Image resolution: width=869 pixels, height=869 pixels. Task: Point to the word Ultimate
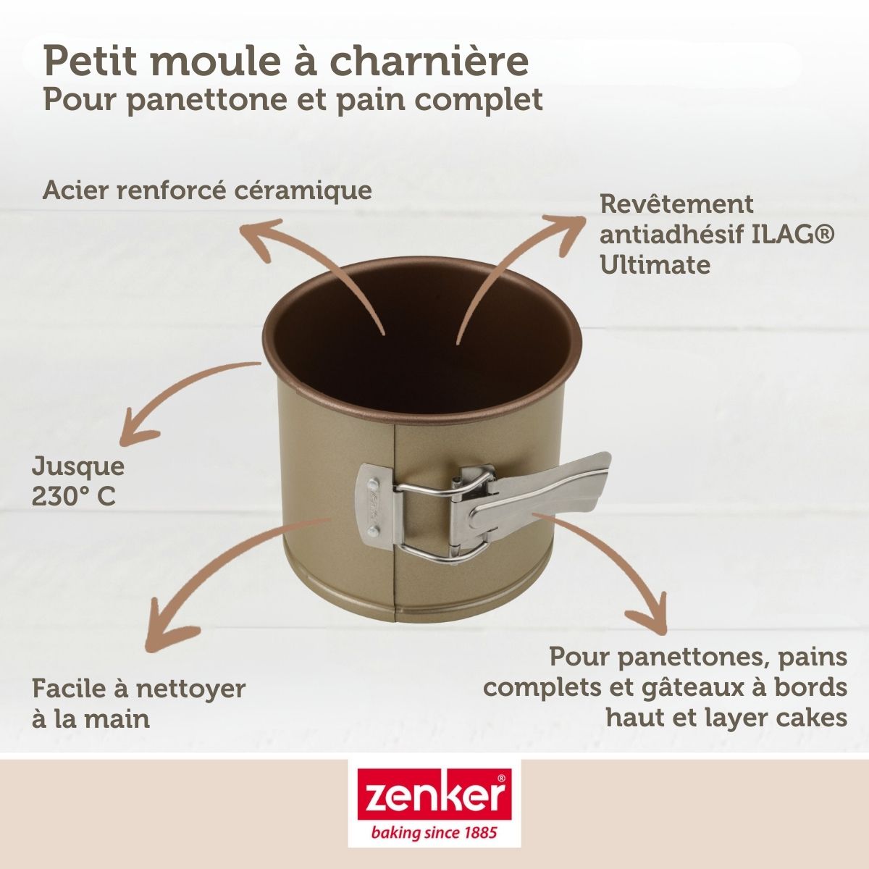tap(655, 264)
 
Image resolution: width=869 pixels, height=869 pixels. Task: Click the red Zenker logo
tap(434, 795)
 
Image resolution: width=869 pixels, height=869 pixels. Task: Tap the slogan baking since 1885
tap(434, 834)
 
